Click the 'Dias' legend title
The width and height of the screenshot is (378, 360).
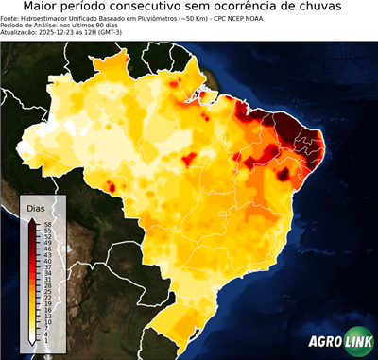(x=36, y=207)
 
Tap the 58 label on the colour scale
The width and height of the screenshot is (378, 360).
(x=46, y=224)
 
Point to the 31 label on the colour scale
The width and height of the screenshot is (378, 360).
(x=46, y=279)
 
